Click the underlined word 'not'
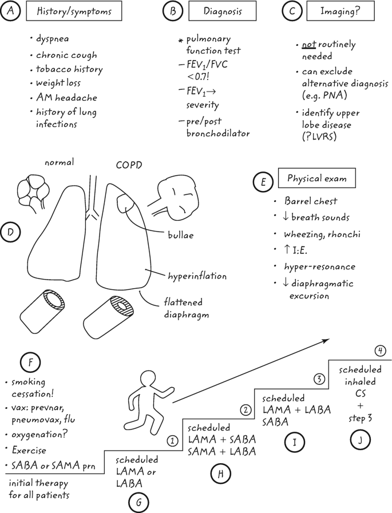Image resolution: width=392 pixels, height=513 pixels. click(x=309, y=45)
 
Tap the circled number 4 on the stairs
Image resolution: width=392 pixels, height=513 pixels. click(x=381, y=350)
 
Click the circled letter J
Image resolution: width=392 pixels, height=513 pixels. click(x=361, y=439)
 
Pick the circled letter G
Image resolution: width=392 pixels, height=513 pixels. click(x=138, y=502)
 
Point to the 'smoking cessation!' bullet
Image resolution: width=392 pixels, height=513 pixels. click(x=30, y=387)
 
